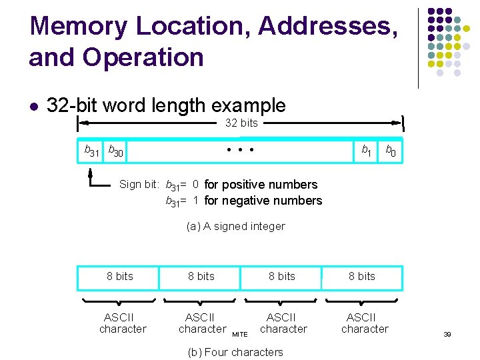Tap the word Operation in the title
143,57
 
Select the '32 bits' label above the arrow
241,123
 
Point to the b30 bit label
116,152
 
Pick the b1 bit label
366,151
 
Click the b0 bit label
391,151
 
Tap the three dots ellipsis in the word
241,149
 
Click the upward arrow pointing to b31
91,174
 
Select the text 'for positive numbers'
261,185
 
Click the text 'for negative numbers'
263,201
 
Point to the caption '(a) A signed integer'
236,227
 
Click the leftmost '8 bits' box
119,277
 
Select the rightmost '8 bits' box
362,277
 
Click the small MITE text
239,334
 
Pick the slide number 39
447,334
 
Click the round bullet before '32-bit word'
33,106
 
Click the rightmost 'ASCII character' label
364,323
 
